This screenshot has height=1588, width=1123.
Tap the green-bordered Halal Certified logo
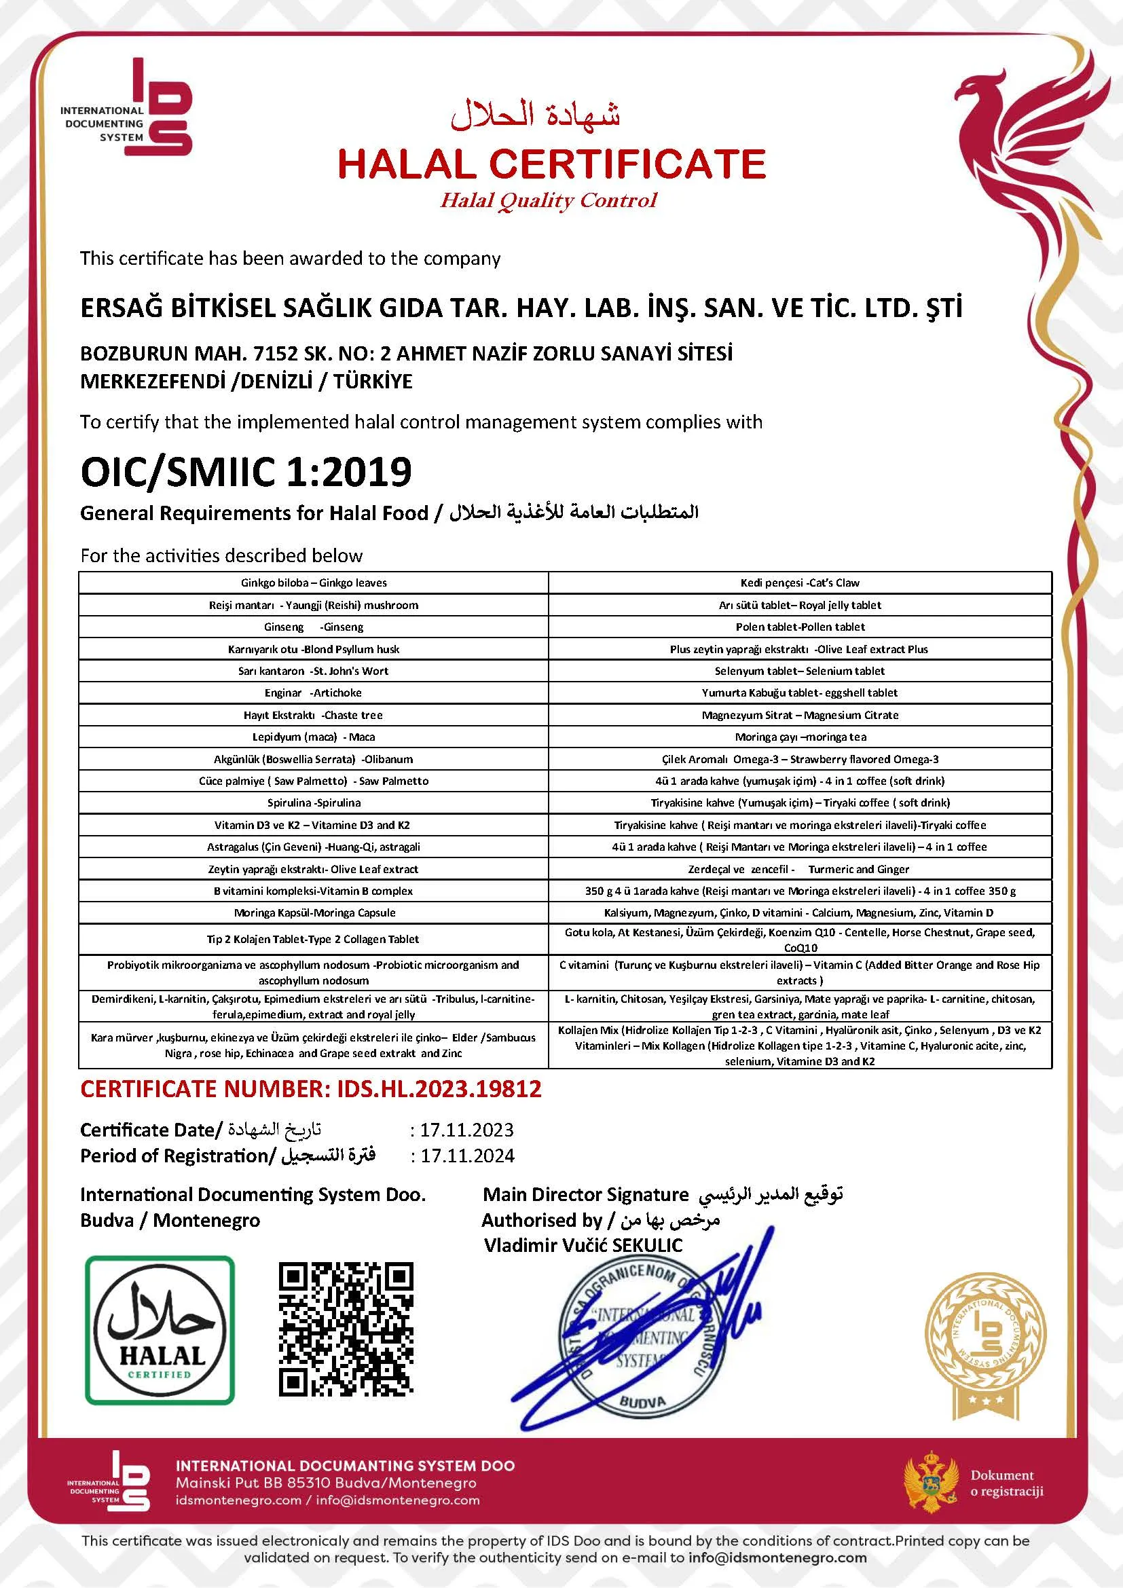[160, 1330]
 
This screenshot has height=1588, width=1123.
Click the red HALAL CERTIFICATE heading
[551, 164]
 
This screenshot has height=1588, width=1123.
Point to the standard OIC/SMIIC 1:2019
[246, 472]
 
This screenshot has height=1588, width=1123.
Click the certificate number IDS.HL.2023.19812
[310, 1089]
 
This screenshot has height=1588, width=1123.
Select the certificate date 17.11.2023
[467, 1130]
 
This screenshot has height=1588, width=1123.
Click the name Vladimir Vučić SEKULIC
[583, 1246]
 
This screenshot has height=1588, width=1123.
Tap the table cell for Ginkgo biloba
[313, 583]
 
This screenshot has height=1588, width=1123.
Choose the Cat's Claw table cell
[799, 583]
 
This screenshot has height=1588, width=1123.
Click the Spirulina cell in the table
[313, 802]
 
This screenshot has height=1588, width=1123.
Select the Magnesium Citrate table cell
[799, 714]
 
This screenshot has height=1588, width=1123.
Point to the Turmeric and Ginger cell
[799, 869]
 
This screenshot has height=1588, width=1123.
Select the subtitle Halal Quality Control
[549, 200]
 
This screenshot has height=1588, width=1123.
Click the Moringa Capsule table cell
[313, 912]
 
